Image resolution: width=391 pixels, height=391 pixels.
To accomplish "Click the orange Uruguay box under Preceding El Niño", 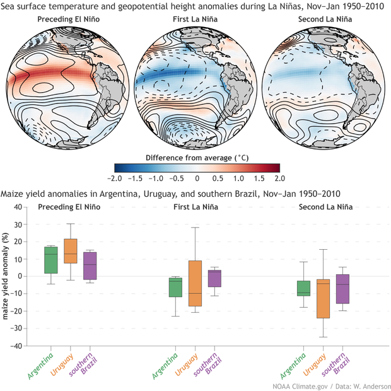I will (x=71, y=250).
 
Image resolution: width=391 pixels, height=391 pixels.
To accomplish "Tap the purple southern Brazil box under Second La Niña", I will (x=342, y=289).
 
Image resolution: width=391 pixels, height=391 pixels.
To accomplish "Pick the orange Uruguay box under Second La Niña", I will (x=324, y=298).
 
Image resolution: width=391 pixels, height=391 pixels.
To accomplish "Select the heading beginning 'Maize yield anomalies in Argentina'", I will (x=170, y=193).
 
